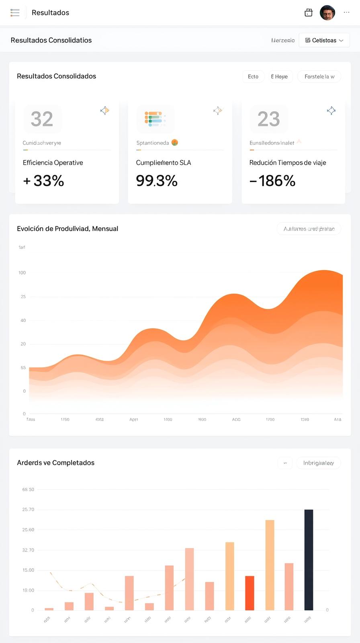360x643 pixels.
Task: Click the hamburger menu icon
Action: click(15, 12)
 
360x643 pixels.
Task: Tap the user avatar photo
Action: click(327, 12)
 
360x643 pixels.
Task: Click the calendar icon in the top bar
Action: click(309, 12)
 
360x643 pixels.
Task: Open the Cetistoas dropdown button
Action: click(324, 40)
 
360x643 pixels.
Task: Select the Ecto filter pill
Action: click(253, 76)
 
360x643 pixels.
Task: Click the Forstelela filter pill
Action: click(319, 76)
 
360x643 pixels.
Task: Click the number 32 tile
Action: click(42, 119)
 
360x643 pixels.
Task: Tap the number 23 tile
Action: click(268, 119)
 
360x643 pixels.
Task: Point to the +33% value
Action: click(44, 181)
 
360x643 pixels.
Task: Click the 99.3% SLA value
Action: click(157, 181)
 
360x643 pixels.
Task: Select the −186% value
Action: click(272, 181)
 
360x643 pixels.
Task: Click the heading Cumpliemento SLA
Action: click(163, 162)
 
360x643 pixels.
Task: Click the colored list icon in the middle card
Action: click(155, 119)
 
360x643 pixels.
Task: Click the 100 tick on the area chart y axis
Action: click(22, 272)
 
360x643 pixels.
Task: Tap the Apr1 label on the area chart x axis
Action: click(134, 419)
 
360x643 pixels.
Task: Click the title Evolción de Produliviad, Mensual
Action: click(67, 229)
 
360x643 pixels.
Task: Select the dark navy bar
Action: click(309, 559)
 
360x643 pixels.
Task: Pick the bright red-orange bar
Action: click(250, 593)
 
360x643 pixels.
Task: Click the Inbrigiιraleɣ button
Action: click(318, 463)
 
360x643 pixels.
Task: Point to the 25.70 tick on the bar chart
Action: click(28, 509)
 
